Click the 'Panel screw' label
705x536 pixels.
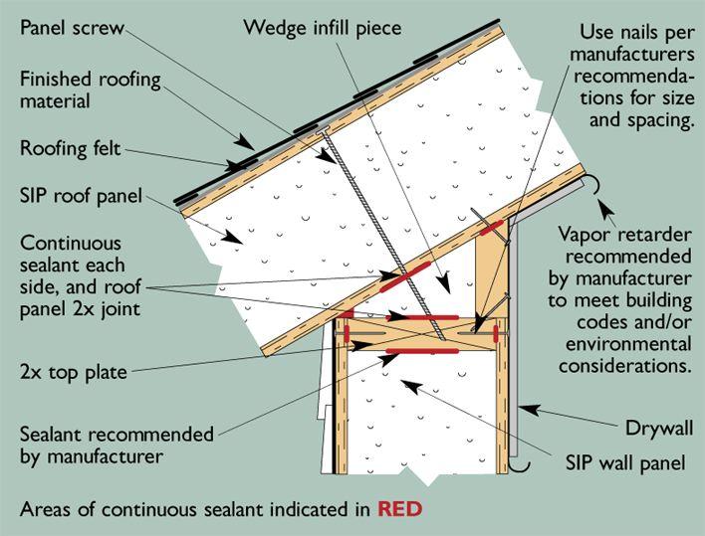pyautogui.click(x=71, y=28)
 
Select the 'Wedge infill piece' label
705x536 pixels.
pyautogui.click(x=323, y=28)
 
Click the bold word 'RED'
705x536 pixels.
pyautogui.click(x=399, y=510)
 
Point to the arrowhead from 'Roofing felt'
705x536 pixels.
pyautogui.click(x=231, y=166)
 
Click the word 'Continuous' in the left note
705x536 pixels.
pyautogui.click(x=70, y=244)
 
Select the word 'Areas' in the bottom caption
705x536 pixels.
pyautogui.click(x=45, y=510)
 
